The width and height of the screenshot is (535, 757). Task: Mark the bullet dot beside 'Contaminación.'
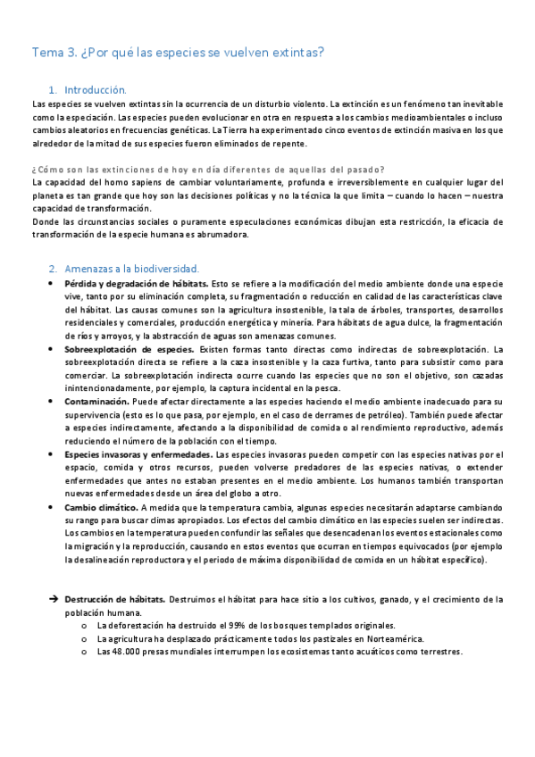(x=54, y=402)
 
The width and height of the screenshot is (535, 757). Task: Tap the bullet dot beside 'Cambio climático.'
(x=54, y=507)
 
